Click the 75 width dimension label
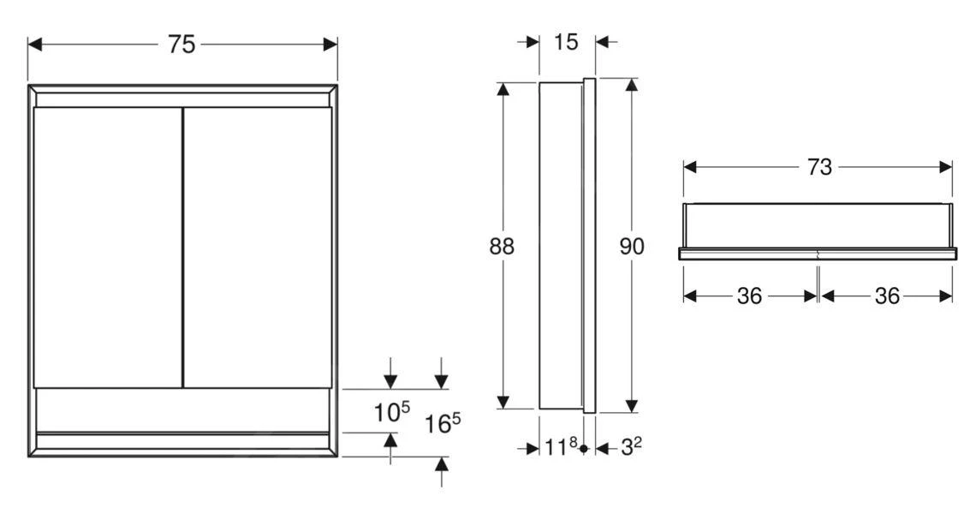tap(182, 45)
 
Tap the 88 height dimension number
tap(503, 247)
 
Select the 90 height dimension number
tap(631, 247)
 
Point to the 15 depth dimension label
tap(567, 41)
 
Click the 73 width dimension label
tap(819, 167)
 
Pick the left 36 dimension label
tap(750, 296)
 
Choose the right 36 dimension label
tap(887, 296)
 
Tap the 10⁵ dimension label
tap(390, 413)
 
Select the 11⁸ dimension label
tap(561, 446)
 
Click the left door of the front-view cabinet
tap(108, 247)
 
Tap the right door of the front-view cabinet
tap(257, 247)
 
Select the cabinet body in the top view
tap(818, 225)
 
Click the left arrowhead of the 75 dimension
tap(35, 44)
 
